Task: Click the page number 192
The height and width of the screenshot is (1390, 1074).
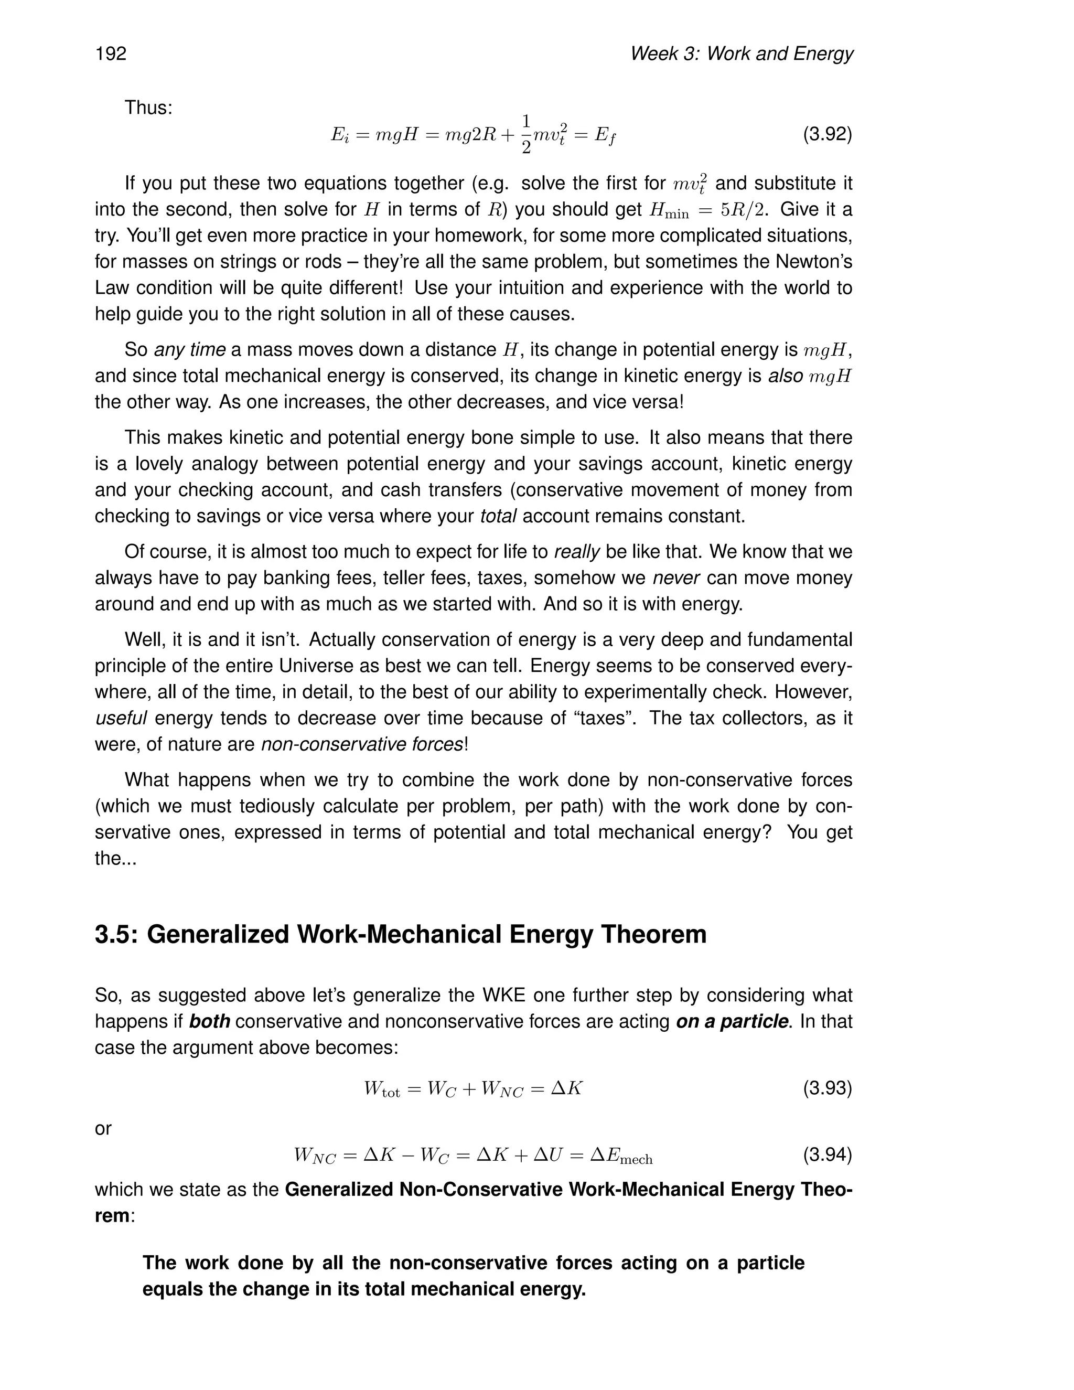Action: pos(111,54)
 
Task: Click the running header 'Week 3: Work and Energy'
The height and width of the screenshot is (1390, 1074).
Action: pos(741,54)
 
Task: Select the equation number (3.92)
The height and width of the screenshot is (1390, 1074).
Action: pos(826,134)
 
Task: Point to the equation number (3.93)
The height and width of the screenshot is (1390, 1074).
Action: pos(826,1088)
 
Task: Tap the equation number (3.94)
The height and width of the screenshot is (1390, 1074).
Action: pos(826,1154)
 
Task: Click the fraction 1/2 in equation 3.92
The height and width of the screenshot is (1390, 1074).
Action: pos(526,134)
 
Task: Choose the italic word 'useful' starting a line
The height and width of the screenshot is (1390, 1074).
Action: pos(121,718)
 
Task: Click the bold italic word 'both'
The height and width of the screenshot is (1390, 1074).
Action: pos(209,1021)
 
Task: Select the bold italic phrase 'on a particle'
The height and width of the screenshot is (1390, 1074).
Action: pos(732,1021)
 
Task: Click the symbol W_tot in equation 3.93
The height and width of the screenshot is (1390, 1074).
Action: pos(382,1089)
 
